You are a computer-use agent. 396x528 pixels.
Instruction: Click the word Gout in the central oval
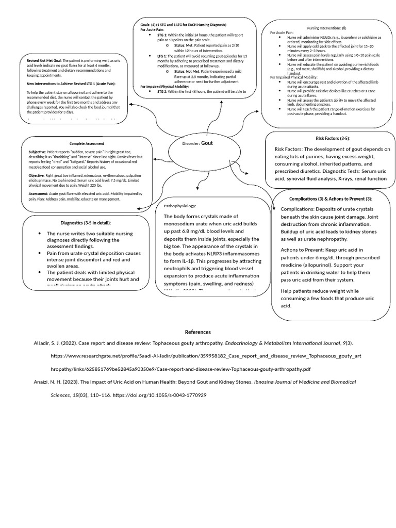tap(207, 143)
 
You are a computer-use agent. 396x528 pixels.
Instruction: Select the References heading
tap(198, 332)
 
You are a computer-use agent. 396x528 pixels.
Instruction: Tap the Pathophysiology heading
tap(180, 206)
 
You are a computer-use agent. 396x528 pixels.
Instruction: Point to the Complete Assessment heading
tap(87, 143)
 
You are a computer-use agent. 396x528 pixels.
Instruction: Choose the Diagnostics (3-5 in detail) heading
tap(86, 223)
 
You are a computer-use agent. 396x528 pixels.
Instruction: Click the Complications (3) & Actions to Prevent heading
tap(330, 199)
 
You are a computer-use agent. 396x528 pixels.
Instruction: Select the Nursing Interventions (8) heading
tap(327, 27)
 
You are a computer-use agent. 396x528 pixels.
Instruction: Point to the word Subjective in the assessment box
tap(37, 152)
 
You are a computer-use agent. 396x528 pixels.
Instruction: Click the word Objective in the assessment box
tap(37, 175)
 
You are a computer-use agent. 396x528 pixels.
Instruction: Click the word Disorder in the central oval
tap(191, 143)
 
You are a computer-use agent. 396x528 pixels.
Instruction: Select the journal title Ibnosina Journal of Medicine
tap(305, 382)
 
